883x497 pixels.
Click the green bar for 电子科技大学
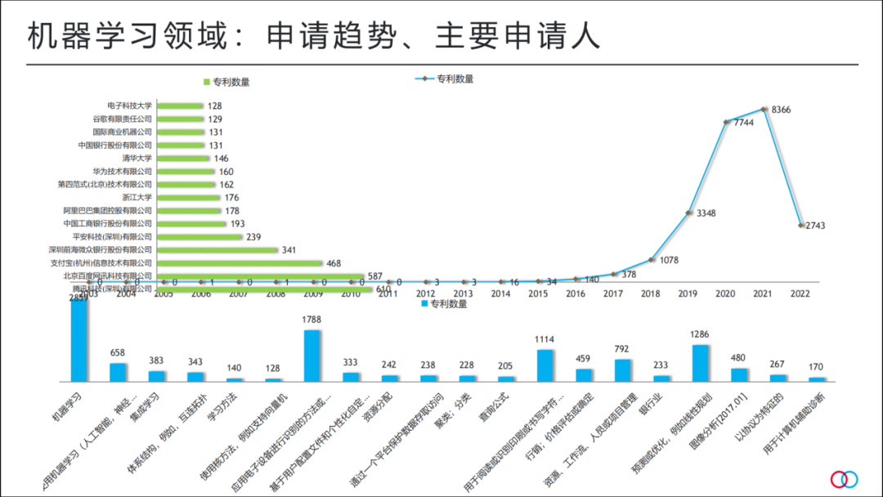[x=180, y=105]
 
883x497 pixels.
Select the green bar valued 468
[x=240, y=263]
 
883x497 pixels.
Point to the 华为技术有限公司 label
[x=122, y=172]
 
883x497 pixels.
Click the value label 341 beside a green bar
[x=289, y=250]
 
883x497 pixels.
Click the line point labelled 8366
[x=764, y=108]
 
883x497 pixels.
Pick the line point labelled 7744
[x=726, y=123]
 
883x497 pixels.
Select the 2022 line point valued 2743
[x=800, y=225]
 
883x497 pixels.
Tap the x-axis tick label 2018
[x=651, y=293]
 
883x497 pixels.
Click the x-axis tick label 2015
[x=538, y=293]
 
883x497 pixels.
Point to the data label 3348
[x=706, y=213]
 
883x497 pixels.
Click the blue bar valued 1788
[x=312, y=356]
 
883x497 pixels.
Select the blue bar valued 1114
[x=545, y=365]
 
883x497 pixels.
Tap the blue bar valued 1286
[x=701, y=363]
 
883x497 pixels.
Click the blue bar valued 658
[x=118, y=372]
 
